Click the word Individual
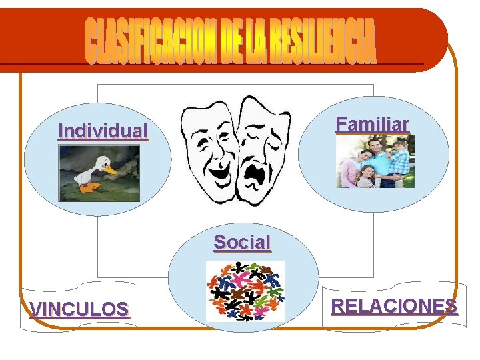(103, 131)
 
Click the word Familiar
(372, 125)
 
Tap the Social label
(242, 243)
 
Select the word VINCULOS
(79, 309)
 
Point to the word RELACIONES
(393, 306)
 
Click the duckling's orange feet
(88, 188)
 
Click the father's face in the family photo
(378, 145)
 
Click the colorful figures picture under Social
(245, 291)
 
